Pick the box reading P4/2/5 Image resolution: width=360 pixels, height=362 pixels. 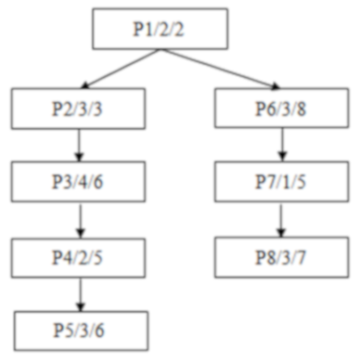[x=80, y=254]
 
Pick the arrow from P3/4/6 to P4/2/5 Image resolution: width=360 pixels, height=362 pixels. [x=80, y=216]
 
